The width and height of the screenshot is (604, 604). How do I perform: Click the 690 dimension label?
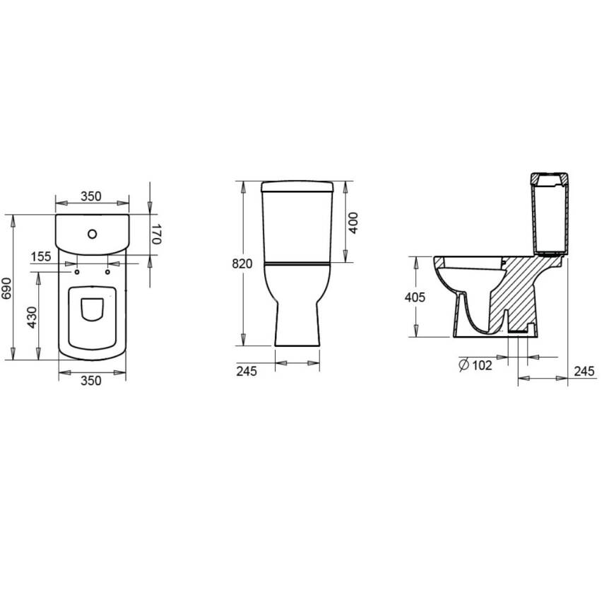tap(6, 288)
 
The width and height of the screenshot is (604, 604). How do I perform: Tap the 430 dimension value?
tap(32, 317)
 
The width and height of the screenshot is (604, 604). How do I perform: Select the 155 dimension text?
tap(41, 256)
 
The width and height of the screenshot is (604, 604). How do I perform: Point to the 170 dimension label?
tap(156, 235)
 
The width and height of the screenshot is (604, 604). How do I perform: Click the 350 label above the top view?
tap(91, 196)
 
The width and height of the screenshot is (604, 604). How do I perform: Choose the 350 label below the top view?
tap(91, 381)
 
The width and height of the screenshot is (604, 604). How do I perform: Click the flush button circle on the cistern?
tap(92, 234)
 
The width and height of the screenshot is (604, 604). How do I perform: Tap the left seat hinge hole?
tap(77, 273)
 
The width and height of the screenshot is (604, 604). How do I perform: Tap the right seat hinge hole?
tap(107, 273)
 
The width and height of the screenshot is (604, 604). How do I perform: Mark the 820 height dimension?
tap(242, 263)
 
